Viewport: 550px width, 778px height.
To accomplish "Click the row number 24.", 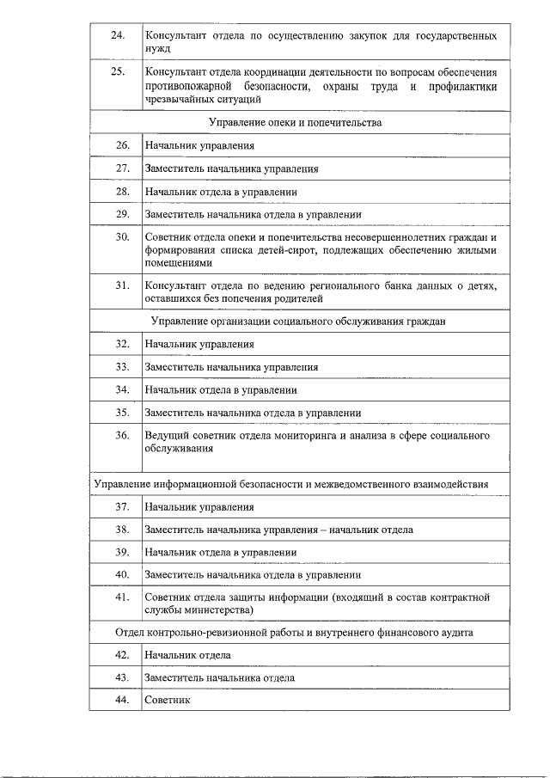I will click(118, 35).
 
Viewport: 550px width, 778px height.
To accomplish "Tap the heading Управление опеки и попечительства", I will click(296, 123).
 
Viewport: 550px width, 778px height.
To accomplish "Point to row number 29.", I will click(122, 214).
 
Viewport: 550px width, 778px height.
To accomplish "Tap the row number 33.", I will click(122, 367).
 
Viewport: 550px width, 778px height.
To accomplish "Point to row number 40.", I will click(122, 574).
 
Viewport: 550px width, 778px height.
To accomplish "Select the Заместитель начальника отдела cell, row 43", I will click(219, 677).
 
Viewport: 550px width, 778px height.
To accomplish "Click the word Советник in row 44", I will click(167, 701).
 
